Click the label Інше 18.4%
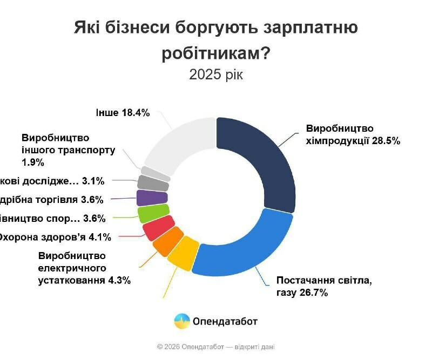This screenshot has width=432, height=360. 123,113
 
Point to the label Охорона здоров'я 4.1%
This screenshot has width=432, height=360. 54,236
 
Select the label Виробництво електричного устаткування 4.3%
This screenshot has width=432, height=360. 84,268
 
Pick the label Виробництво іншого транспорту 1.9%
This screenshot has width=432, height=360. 68,150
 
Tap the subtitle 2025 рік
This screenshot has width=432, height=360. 216,74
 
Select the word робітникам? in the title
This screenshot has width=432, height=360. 216,53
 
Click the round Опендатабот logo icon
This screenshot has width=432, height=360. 182,321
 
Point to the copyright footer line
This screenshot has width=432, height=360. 216,347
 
